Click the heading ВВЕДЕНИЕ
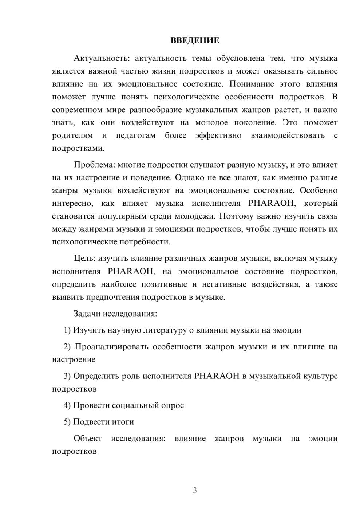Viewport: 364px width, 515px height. coord(195,40)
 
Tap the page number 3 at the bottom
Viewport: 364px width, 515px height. coord(195,490)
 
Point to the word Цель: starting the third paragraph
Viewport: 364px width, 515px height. coord(84,259)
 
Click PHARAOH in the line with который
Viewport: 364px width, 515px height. coord(270,203)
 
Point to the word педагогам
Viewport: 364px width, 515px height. coord(136,135)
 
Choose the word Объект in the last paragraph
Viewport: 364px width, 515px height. coord(88,439)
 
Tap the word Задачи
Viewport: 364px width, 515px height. coord(87,314)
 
